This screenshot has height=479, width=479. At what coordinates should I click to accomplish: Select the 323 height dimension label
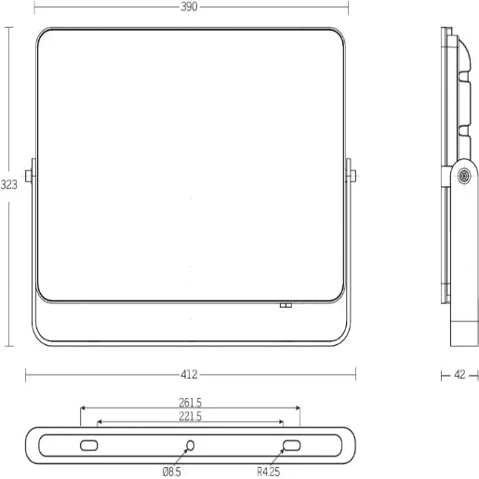[x=8, y=184]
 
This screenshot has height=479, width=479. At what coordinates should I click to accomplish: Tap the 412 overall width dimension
[x=189, y=375]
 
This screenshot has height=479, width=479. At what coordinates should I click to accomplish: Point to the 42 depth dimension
[x=459, y=375]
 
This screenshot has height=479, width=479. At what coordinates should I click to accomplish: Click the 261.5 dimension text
[x=190, y=403]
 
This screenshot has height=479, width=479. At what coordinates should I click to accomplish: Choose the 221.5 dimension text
[x=190, y=417]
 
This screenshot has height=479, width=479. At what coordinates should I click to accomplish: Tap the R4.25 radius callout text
[x=270, y=471]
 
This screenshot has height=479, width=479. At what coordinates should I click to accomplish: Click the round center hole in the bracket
[x=190, y=446]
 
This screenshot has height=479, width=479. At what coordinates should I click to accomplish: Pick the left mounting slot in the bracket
[x=89, y=446]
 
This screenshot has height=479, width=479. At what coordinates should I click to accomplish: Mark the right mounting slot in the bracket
[x=291, y=446]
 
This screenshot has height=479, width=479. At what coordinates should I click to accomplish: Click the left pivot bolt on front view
[x=31, y=175]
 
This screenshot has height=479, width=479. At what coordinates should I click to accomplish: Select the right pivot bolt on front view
[x=351, y=175]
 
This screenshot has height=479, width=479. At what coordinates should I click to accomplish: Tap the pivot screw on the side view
[x=462, y=174]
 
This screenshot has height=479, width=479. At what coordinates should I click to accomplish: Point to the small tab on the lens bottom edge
[x=286, y=303]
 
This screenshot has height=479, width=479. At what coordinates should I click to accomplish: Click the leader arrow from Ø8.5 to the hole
[x=182, y=458]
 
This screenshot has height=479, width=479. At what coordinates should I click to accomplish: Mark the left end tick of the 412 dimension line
[x=25, y=375]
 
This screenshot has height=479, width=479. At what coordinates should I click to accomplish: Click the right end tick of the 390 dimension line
[x=348, y=7]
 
